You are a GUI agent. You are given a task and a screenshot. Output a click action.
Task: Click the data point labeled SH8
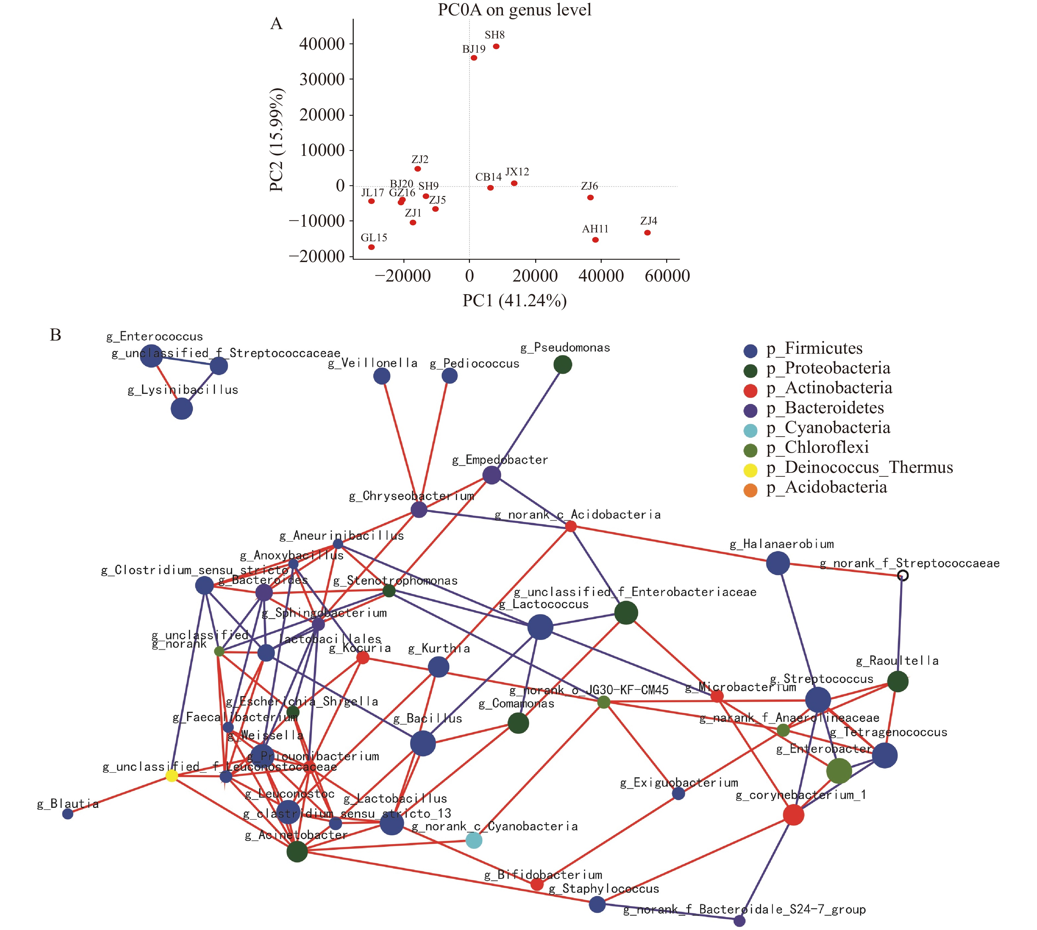tap(495, 46)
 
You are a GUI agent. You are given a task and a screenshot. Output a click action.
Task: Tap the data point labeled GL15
tap(371, 247)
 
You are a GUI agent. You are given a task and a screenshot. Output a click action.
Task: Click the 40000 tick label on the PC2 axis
tap(322, 44)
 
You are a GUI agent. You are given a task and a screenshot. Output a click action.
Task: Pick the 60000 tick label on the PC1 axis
tap(667, 276)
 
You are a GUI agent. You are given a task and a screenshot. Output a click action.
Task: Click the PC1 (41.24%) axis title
tap(514, 300)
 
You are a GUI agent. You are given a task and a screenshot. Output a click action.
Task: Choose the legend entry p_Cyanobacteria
tap(828, 428)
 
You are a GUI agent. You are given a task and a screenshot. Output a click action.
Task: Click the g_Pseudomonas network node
tap(562, 365)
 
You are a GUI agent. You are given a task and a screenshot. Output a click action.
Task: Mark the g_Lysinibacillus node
tap(181, 409)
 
